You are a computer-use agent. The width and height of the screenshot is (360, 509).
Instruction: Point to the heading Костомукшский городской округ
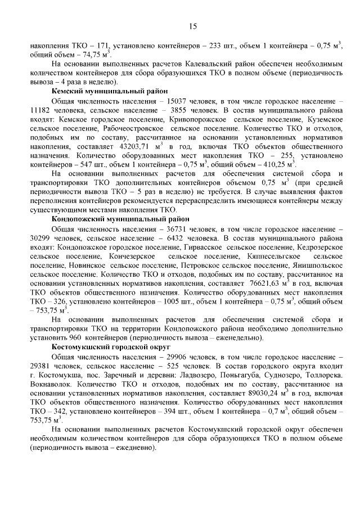click(x=112, y=347)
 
